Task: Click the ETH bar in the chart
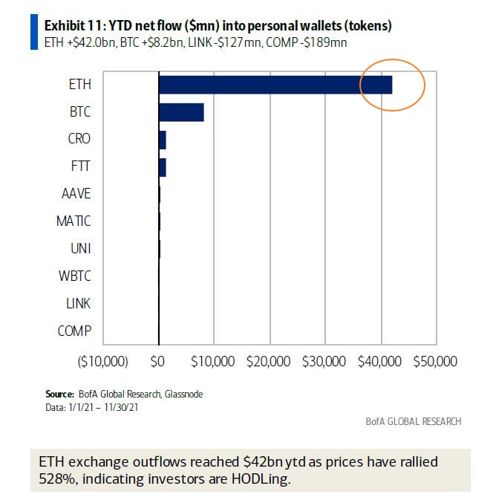tap(275, 84)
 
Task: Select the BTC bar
tap(181, 111)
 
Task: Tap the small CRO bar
tap(162, 139)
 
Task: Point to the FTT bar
tap(162, 166)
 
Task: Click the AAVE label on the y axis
tap(76, 194)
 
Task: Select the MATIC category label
tap(74, 221)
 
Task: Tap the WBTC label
tap(75, 276)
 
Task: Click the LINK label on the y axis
tap(78, 304)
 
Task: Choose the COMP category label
tap(74, 331)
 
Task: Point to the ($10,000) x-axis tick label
tap(103, 362)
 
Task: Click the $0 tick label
tap(157, 362)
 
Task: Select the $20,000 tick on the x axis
tap(270, 362)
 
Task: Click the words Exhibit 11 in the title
tap(71, 26)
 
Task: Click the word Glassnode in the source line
tap(183, 394)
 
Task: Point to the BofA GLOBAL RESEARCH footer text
tap(414, 421)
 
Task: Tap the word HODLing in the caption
tap(260, 478)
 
